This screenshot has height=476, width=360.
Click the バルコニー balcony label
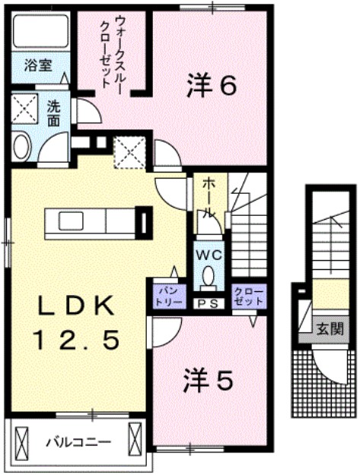click(x=77, y=442)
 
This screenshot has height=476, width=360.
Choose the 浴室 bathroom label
click(x=37, y=65)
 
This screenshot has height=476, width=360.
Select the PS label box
click(x=206, y=303)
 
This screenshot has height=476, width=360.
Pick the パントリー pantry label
click(x=168, y=296)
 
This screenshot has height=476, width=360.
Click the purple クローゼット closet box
click(x=247, y=296)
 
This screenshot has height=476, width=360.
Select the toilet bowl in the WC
click(x=207, y=281)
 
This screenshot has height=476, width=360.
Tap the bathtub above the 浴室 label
click(x=38, y=30)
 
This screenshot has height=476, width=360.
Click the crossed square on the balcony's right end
click(x=136, y=440)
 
